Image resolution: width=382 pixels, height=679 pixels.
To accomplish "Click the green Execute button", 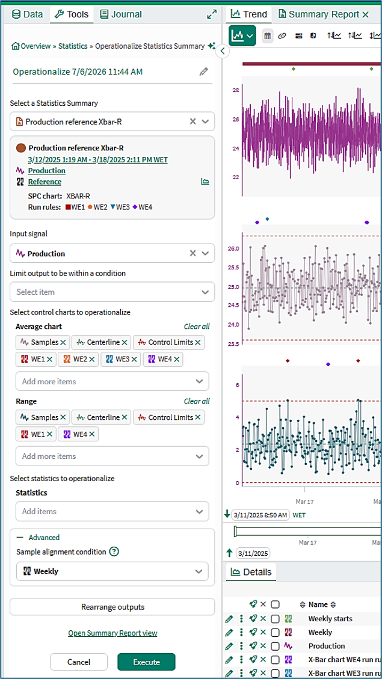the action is click(146, 662).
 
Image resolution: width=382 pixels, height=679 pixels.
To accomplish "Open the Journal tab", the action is click(121, 14).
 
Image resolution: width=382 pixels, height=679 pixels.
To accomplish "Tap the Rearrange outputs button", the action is click(112, 607).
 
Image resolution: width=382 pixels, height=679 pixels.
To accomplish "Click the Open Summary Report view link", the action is click(112, 633).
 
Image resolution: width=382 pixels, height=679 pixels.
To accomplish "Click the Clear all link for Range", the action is click(197, 401).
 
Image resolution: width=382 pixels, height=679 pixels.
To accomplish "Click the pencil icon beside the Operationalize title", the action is click(203, 72).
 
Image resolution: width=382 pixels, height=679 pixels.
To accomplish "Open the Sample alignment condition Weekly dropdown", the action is click(112, 571).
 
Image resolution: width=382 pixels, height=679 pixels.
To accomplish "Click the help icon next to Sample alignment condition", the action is click(114, 551).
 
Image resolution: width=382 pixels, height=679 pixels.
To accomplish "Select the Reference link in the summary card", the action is click(45, 182).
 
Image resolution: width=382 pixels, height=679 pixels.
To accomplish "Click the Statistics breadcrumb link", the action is click(73, 46).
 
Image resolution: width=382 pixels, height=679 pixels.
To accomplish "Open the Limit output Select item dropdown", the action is click(112, 292).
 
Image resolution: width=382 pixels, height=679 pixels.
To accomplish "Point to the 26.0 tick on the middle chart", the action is click(233, 248).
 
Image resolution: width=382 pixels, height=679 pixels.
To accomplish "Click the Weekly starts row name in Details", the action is click(330, 619).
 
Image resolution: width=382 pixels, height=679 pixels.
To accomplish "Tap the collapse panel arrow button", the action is click(222, 51).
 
